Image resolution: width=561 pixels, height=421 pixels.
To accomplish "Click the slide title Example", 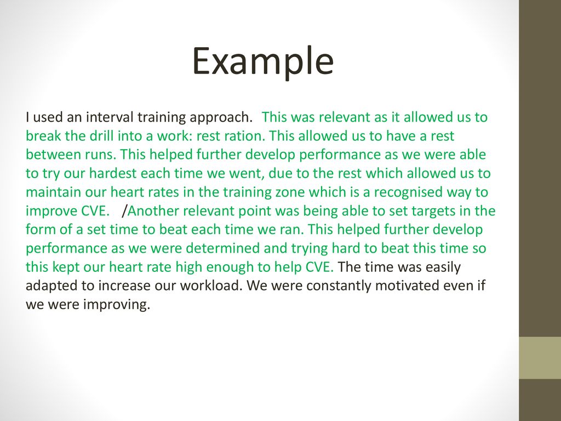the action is [263, 61].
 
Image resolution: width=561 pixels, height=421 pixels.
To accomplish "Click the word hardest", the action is [113, 173].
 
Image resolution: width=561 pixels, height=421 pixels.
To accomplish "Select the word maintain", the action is [53, 192].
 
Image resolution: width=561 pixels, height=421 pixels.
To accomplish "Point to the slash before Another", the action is [124, 211].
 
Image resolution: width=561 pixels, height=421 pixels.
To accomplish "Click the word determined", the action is [222, 248].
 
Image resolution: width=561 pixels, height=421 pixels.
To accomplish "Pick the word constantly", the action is [339, 286].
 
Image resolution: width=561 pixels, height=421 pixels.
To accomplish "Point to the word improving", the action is [116, 305].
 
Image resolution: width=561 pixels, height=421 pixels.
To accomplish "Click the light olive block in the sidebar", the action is [540, 357].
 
